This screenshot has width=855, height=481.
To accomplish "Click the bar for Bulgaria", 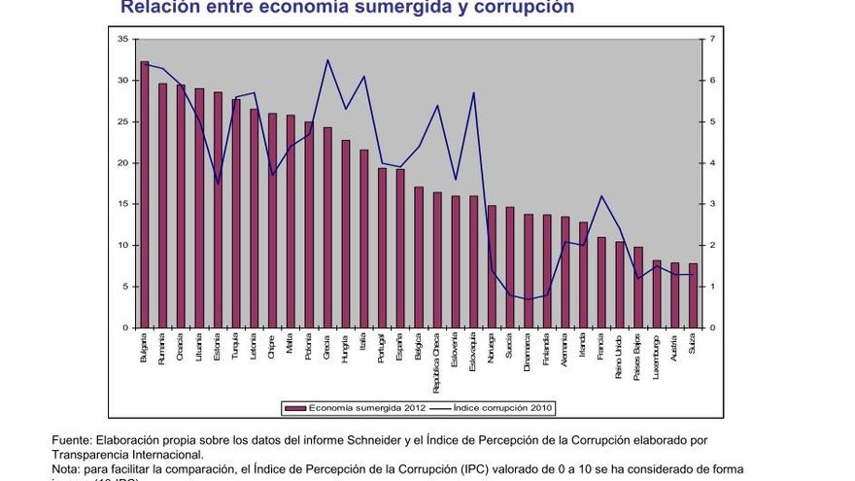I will (x=145, y=194).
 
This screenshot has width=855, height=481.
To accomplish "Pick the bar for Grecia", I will (x=327, y=227).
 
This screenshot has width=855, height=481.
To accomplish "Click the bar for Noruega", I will (x=492, y=266).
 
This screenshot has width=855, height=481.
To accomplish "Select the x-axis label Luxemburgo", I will (x=657, y=351).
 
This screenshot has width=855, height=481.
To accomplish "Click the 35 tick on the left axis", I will (x=122, y=39).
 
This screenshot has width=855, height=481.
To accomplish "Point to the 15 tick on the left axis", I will (x=122, y=204).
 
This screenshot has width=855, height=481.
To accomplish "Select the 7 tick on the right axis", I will (x=712, y=39).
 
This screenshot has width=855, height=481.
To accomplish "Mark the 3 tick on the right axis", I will (x=712, y=204).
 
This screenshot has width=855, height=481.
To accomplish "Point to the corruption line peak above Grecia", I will (x=327, y=60).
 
